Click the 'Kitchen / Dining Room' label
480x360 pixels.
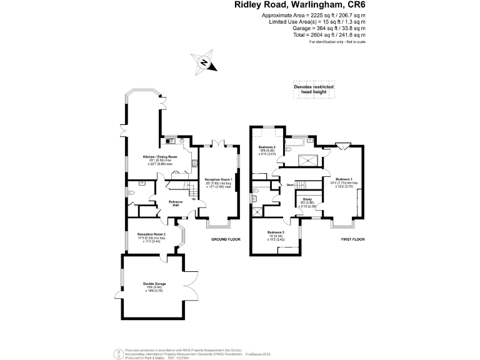pyautogui.click(x=161, y=156)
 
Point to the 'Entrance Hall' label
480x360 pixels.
pyautogui.click(x=176, y=203)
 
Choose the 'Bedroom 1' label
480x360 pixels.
pyautogui.click(x=344, y=179)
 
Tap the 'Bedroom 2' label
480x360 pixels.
pyautogui.click(x=267, y=147)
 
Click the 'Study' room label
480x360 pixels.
pyautogui.click(x=307, y=199)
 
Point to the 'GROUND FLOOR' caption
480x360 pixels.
pyautogui.click(x=225, y=239)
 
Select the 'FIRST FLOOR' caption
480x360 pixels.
pyautogui.click(x=353, y=239)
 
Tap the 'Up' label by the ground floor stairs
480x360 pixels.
pyautogui.click(x=193, y=199)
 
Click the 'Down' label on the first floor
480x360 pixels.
pyautogui.click(x=291, y=185)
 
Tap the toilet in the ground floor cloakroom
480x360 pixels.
pyautogui.click(x=134, y=193)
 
